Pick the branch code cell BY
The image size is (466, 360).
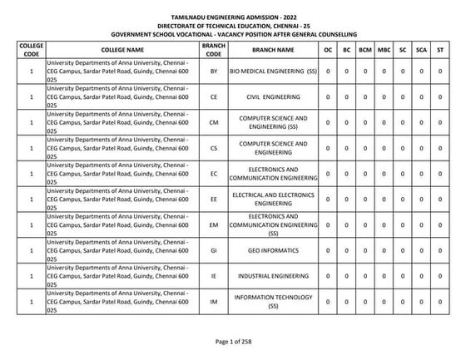(214, 72)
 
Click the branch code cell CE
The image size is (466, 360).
(214, 97)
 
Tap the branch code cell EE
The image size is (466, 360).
(214, 200)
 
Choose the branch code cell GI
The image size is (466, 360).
(214, 250)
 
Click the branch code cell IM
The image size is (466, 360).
(214, 302)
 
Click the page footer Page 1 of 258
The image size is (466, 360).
(232, 343)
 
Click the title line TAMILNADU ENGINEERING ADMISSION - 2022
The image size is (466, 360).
(232, 17)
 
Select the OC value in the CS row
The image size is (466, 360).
(329, 149)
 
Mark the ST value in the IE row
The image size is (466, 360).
(440, 276)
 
